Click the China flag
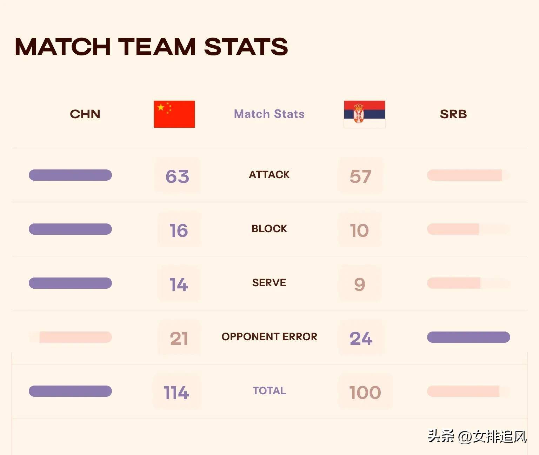(174, 114)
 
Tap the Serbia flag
(364, 114)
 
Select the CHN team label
(85, 114)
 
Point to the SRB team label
(453, 114)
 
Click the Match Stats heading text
(269, 114)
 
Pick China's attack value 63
(177, 176)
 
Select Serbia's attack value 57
(360, 176)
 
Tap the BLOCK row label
(269, 229)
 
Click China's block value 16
(179, 230)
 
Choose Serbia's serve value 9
(359, 284)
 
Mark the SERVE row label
(269, 283)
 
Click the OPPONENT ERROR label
(269, 337)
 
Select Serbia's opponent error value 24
(361, 338)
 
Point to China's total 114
(176, 392)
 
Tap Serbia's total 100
(365, 392)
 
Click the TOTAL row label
(269, 391)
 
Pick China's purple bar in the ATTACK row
(70, 175)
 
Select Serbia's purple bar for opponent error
(468, 337)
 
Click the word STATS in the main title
(246, 47)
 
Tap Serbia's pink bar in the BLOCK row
(453, 229)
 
